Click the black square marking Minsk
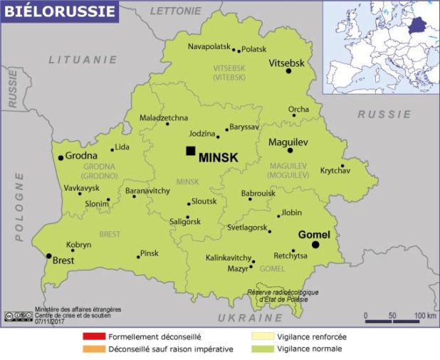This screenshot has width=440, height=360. [x=190, y=151]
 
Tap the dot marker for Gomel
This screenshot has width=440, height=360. [x=315, y=245]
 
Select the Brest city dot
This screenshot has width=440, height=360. [x=48, y=255]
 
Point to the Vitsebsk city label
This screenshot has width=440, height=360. [x=286, y=63]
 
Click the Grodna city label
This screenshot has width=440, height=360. [x=82, y=157]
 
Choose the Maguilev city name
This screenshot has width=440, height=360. [x=288, y=142]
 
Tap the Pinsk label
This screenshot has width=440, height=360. [x=150, y=253]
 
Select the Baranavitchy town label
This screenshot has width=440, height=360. [x=147, y=191]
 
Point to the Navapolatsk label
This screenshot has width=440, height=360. [x=209, y=47]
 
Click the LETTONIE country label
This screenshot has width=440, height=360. [x=175, y=11]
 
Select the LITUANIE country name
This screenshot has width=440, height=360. [x=83, y=60]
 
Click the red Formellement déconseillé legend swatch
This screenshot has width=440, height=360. [x=93, y=337]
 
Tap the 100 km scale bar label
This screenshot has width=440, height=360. [x=425, y=315]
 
